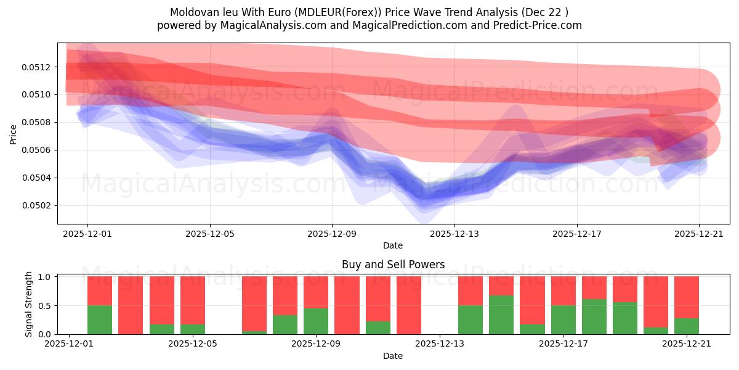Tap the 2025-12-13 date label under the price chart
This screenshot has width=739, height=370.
pos(454,234)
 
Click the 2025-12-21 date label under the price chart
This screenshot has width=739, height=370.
pos(699,234)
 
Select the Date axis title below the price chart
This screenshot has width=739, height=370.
pos(393,245)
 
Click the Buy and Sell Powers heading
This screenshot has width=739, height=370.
pos(393,265)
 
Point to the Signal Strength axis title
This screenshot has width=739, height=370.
pos(29,304)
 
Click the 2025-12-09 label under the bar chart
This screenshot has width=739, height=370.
pos(316,343)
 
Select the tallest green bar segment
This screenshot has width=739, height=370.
pos(501,315)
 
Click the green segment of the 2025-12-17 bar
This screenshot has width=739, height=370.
pos(563,320)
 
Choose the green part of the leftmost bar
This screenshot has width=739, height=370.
pos(100,320)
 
